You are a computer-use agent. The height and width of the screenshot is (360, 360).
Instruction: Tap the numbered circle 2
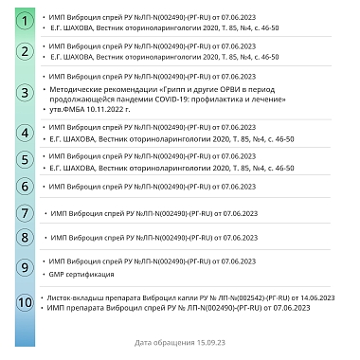point(26,51)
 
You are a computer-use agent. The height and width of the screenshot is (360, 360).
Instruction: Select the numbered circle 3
point(26,93)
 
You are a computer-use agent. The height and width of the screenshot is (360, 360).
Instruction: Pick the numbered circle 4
point(26,133)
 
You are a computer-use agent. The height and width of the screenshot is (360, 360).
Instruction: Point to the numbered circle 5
point(26,160)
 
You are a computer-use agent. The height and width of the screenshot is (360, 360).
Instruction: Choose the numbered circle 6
point(26,187)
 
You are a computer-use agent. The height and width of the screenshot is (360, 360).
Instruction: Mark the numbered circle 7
point(26,214)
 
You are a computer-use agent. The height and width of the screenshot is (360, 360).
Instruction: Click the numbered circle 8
point(26,237)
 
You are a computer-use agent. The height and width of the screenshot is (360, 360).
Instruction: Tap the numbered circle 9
point(26,266)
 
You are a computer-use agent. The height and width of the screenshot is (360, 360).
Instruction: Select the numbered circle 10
point(26,303)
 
